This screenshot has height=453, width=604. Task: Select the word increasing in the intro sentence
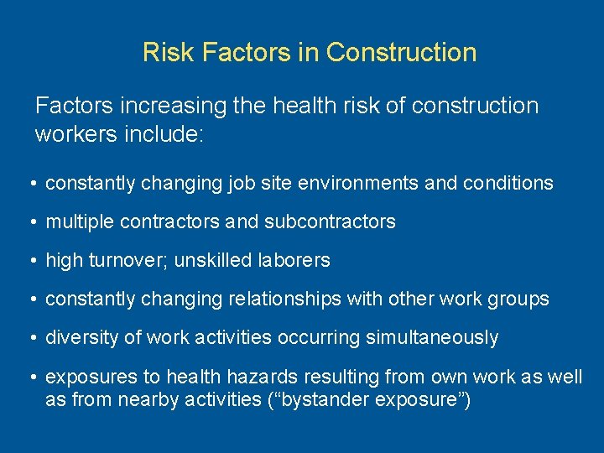160,107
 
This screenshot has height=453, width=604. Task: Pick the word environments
353,184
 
